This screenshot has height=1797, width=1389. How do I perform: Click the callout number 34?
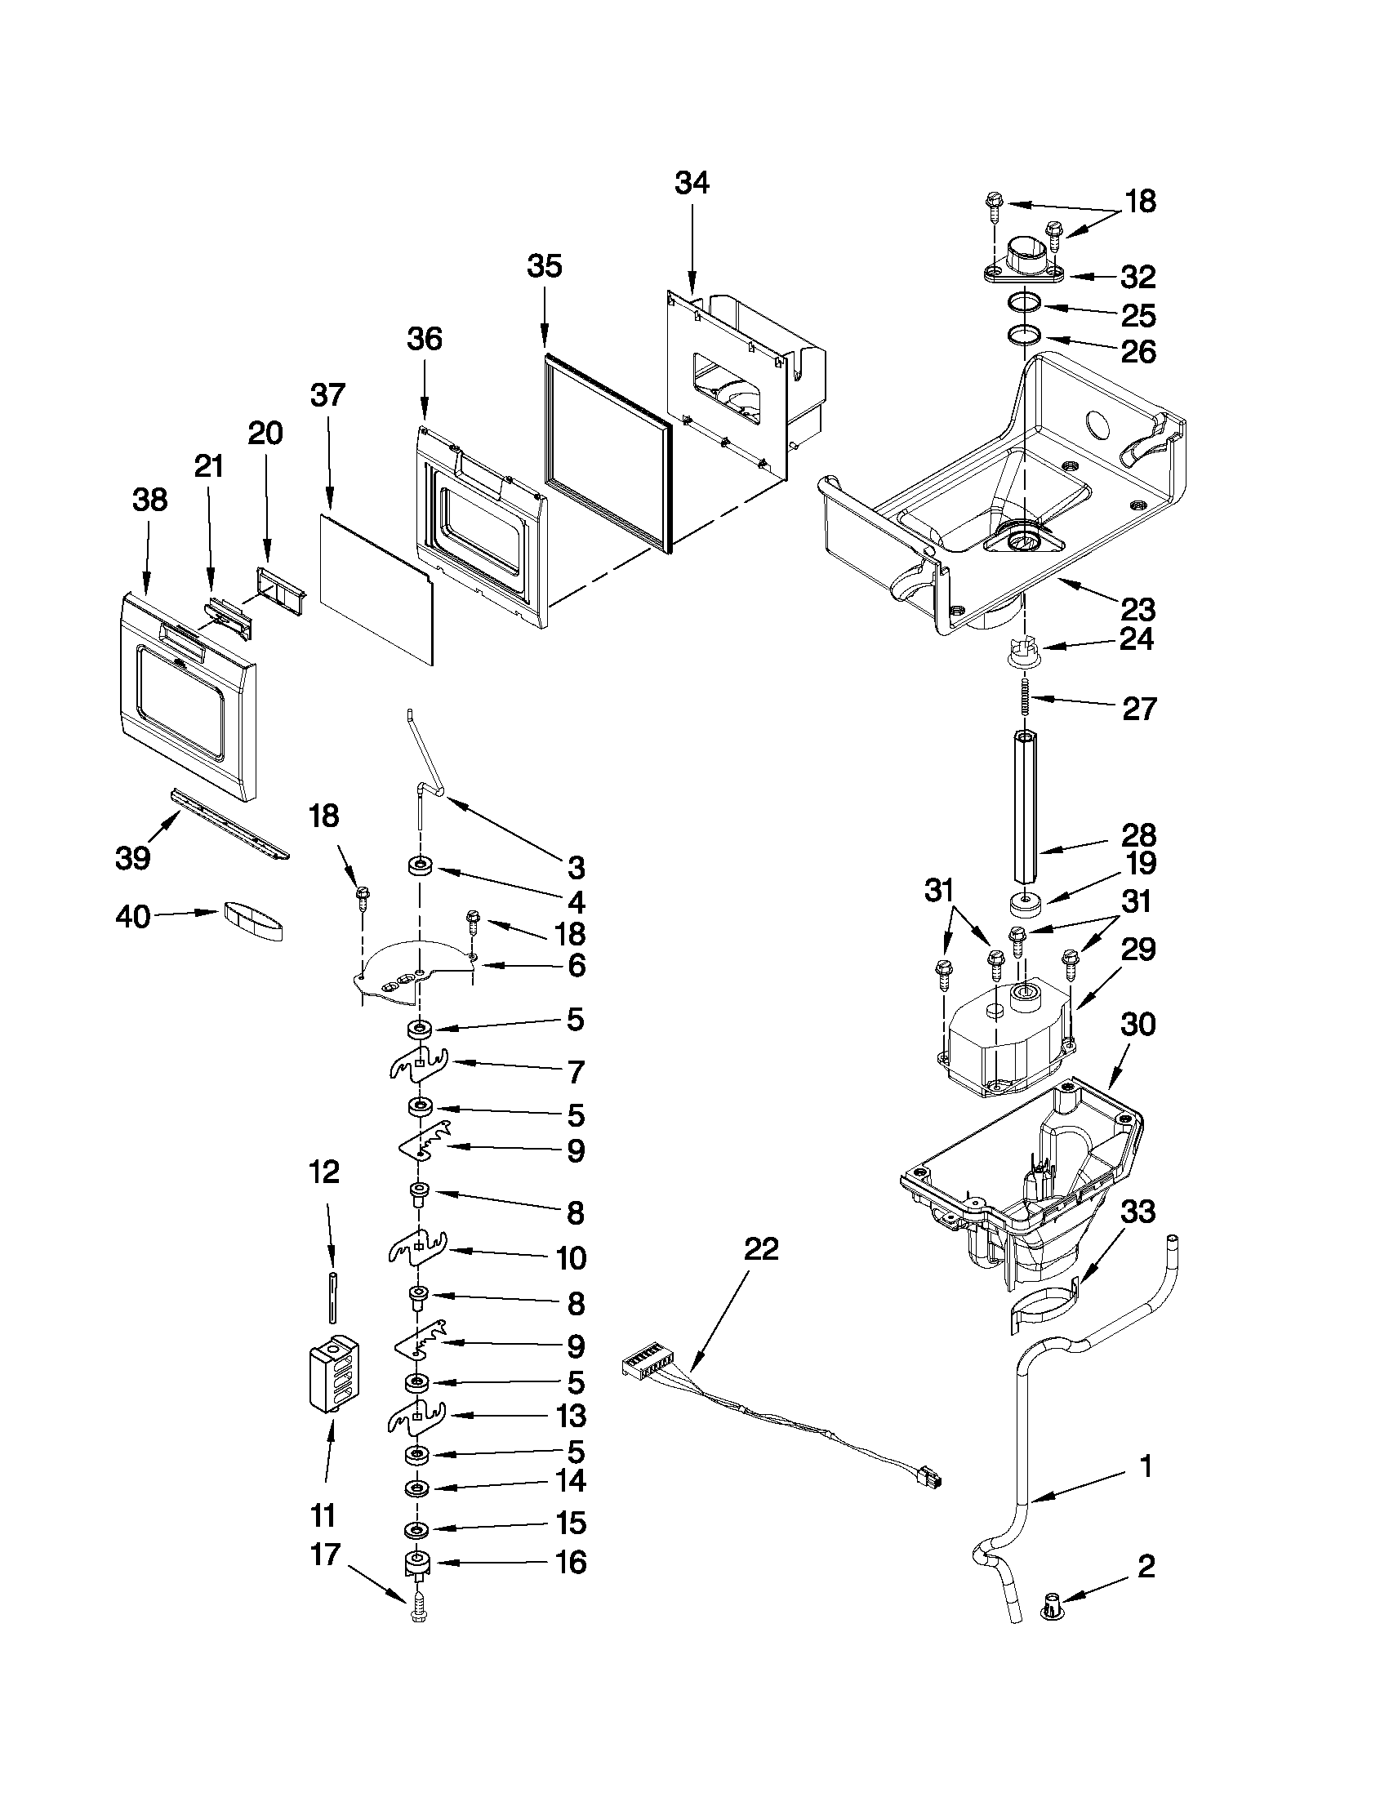pos(691,183)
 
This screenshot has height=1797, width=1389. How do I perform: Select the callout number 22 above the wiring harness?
pos(760,1250)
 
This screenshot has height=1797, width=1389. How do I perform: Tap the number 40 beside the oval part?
pos(133,916)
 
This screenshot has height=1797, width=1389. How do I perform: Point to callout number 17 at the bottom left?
pos(325,1555)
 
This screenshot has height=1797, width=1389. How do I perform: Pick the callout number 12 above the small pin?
pos(324,1172)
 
